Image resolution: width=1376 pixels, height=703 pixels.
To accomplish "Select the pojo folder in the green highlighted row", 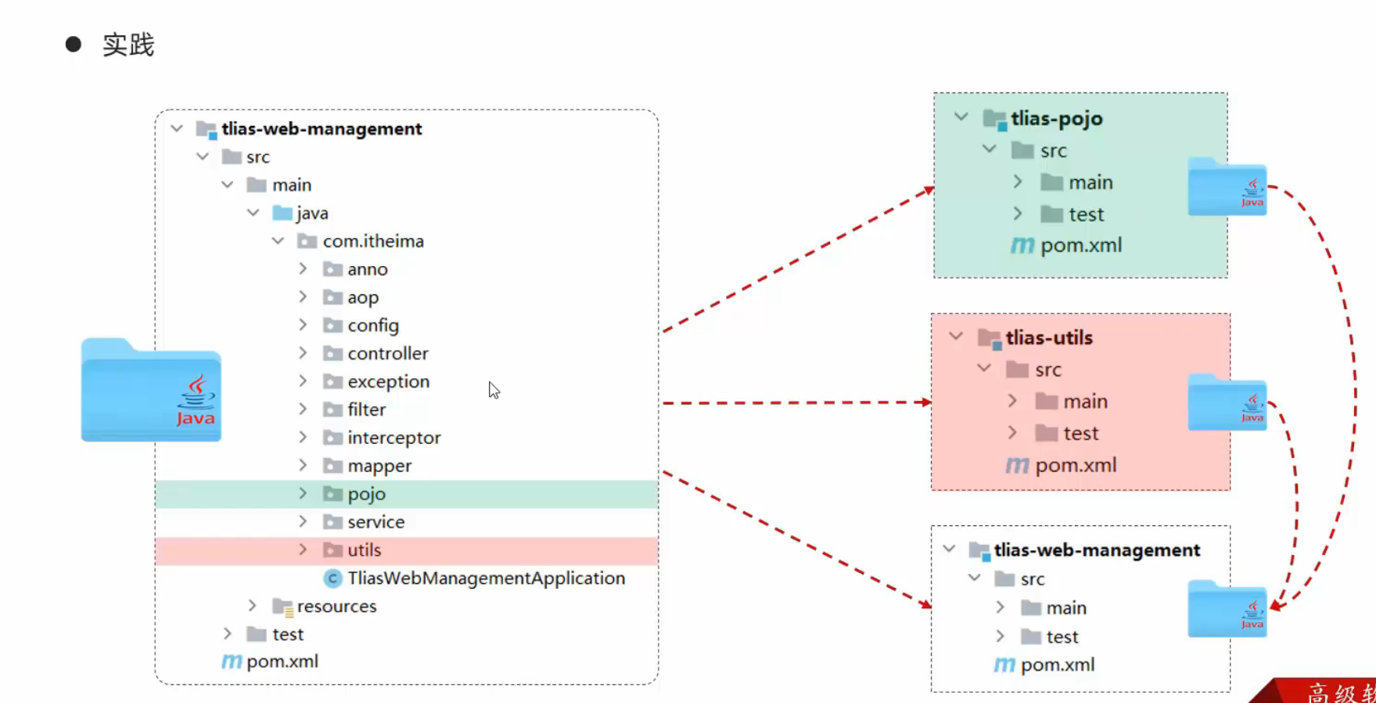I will click(x=365, y=494).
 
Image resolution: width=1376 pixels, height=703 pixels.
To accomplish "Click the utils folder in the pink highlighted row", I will click(x=364, y=550).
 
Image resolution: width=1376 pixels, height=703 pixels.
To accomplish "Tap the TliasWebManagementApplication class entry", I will click(x=485, y=579).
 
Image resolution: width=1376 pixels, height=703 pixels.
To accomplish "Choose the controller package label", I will click(x=387, y=354).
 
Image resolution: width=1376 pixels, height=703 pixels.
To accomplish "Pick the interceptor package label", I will click(x=393, y=438).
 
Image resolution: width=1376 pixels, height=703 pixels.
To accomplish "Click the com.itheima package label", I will click(x=372, y=241).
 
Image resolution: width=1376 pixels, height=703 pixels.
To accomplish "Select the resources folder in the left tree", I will click(x=336, y=607).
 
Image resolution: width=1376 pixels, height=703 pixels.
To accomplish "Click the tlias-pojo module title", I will click(x=1056, y=119).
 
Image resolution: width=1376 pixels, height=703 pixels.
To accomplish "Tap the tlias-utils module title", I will click(x=1048, y=338).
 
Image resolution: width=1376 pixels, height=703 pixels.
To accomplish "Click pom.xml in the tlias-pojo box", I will click(x=1080, y=246).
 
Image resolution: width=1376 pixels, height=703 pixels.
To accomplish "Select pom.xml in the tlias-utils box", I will click(x=1075, y=466).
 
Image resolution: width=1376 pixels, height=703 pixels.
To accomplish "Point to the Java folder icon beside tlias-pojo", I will click(x=1227, y=188).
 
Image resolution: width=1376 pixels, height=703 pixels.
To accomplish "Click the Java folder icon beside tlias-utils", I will click(x=1227, y=403).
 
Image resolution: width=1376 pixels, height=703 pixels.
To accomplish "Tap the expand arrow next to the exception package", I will click(x=303, y=381).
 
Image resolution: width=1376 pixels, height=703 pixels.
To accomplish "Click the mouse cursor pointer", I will click(x=494, y=390).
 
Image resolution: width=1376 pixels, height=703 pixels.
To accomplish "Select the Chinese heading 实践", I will click(x=128, y=45).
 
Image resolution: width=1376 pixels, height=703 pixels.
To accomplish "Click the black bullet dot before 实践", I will click(x=74, y=45).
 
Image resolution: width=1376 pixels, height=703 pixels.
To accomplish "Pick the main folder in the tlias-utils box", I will click(x=1084, y=402).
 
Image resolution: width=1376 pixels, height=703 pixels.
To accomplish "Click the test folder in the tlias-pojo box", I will click(x=1086, y=215).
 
